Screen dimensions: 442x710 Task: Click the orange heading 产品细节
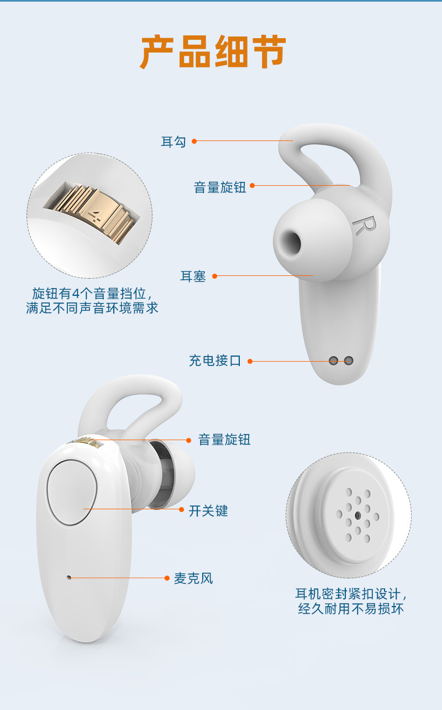213,51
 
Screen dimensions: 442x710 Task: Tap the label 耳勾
173,142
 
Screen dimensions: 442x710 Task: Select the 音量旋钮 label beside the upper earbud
220,187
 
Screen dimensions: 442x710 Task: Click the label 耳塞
193,276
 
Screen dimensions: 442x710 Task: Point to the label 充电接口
215,361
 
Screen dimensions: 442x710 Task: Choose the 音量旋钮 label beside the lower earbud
224,440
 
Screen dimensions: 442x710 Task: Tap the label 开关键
208,510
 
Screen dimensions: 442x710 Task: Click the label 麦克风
193,578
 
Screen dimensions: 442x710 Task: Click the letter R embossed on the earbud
364,226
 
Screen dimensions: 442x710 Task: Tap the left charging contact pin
333,361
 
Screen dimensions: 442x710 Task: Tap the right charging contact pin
349,361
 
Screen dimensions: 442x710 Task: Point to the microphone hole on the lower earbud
69,577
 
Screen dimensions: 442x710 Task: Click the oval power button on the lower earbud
72,492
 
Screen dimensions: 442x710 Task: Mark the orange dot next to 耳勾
194,141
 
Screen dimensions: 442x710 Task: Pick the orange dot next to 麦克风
167,578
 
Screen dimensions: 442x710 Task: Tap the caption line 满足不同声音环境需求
92,308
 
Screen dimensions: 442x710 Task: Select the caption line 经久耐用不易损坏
351,609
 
